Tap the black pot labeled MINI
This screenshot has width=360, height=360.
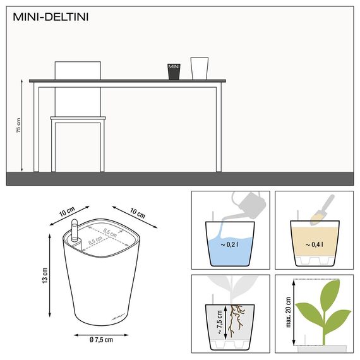(173, 71)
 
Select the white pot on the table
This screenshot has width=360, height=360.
(199, 68)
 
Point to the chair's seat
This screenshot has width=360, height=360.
(78, 118)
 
